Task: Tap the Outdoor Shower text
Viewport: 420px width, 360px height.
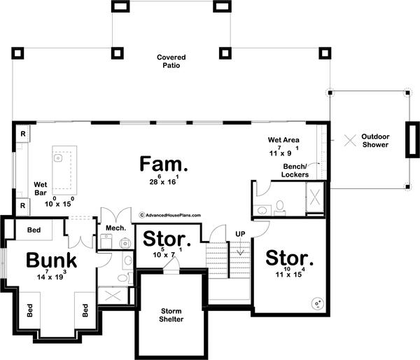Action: click(x=376, y=139)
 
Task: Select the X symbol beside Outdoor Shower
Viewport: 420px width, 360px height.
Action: click(x=349, y=139)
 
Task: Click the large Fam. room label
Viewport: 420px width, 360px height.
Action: click(x=164, y=165)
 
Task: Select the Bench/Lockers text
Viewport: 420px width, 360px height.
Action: click(x=296, y=170)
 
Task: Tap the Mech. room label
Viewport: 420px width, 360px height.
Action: click(x=115, y=228)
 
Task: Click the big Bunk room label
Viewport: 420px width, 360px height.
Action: click(x=51, y=261)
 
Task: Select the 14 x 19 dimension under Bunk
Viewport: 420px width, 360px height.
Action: click(x=51, y=277)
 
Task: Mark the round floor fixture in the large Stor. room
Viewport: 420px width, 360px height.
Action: click(x=316, y=303)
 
